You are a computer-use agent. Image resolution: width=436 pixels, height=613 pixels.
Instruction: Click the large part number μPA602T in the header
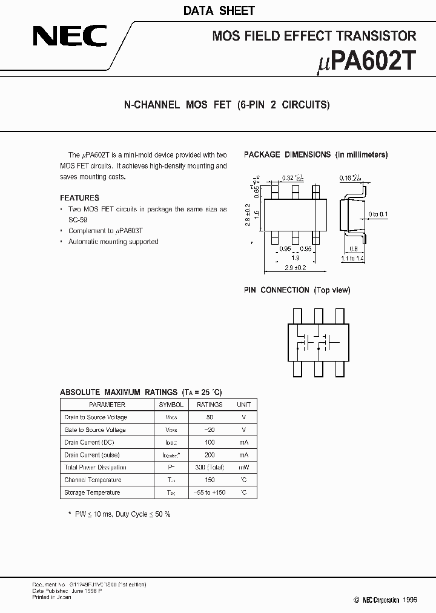click(366, 61)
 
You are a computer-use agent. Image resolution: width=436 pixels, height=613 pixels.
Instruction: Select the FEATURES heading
click(79, 197)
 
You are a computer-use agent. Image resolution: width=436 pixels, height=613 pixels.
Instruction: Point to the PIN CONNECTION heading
click(297, 290)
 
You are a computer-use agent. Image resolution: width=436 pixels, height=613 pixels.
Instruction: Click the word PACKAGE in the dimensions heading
click(262, 154)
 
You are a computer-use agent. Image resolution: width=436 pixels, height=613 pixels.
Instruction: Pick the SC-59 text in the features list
click(78, 220)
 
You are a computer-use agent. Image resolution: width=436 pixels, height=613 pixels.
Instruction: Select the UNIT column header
click(243, 405)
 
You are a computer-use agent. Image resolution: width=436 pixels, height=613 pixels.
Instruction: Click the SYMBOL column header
click(171, 405)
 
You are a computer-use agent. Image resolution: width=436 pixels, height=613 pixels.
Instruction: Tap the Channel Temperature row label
click(92, 480)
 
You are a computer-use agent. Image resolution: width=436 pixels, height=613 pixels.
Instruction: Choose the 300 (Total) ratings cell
click(210, 468)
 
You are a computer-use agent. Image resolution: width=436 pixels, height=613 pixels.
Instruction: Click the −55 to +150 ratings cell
click(210, 492)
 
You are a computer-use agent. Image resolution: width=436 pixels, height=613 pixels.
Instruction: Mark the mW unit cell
click(243, 468)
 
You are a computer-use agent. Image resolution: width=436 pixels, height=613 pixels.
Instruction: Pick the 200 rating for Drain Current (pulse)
click(210, 455)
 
